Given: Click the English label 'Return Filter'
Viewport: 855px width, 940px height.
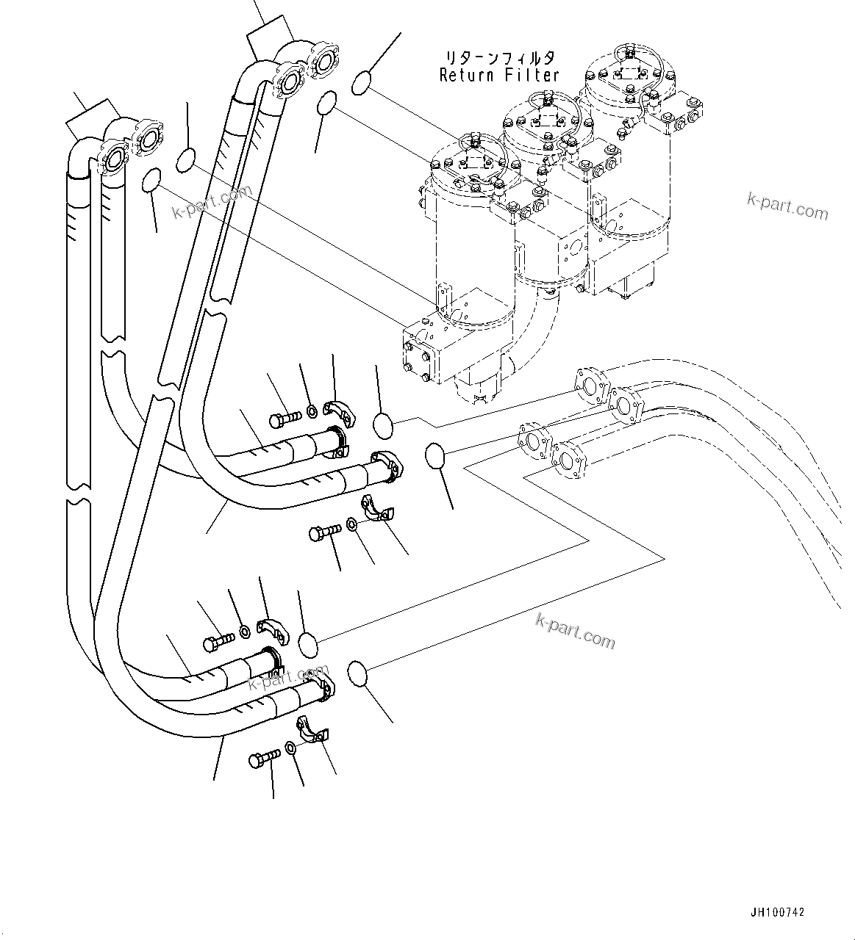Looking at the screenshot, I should pos(499,74).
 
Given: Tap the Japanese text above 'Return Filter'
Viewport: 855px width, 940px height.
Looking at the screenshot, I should pos(498,57).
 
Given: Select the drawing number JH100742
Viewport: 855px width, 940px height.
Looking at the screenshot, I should pos(777,912).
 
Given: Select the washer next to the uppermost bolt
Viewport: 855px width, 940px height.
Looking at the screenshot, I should pos(312,409).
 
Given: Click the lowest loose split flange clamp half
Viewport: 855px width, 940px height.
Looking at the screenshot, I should pos(315,729).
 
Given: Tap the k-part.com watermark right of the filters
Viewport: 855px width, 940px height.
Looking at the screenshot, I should pos(787,206).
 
